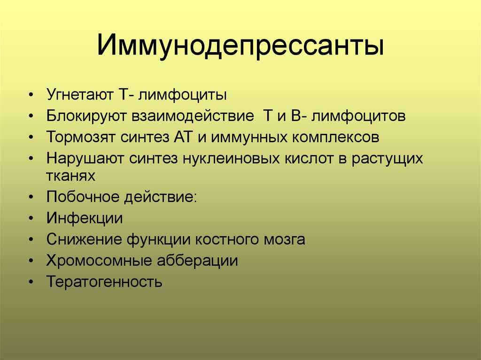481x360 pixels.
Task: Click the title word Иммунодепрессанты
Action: tap(240, 46)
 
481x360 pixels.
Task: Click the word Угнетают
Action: tap(80, 94)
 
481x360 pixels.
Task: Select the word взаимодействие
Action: tap(193, 116)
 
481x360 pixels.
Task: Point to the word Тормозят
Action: tap(81, 137)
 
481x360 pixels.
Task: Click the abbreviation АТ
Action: tap(183, 137)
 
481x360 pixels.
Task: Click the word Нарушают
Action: tap(85, 159)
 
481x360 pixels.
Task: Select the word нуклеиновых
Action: tap(231, 158)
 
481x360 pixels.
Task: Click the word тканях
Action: tap(71, 176)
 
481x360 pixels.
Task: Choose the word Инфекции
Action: tap(85, 218)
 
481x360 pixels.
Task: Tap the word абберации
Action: tap(198, 260)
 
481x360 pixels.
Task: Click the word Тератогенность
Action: tap(104, 282)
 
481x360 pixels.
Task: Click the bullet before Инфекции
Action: tap(31, 218)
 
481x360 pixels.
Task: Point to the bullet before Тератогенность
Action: tap(31, 282)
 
